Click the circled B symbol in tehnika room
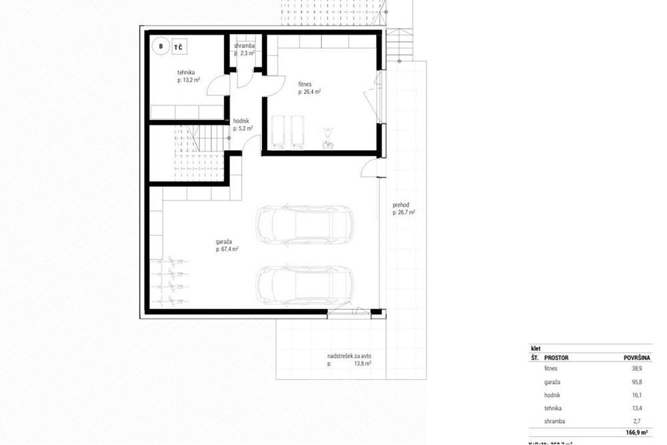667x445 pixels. [x=160, y=46]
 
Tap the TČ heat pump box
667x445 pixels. [x=179, y=47]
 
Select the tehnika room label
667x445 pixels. [x=187, y=73]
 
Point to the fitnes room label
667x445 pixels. [x=306, y=85]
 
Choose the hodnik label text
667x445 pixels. [x=241, y=121]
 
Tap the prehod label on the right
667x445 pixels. [x=401, y=205]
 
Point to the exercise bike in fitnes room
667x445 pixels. [x=327, y=137]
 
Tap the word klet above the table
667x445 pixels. [x=535, y=348]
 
